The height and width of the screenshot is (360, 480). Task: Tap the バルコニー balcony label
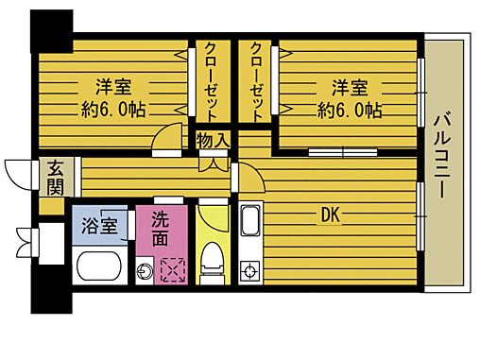pyautogui.click(x=440, y=157)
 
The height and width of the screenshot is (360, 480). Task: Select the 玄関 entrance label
pyautogui.click(x=55, y=176)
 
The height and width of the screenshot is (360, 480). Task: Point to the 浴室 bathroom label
pyautogui.click(x=98, y=226)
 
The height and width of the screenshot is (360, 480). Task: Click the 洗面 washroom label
pyautogui.click(x=162, y=227)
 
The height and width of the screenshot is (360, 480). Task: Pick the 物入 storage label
pyautogui.click(x=212, y=141)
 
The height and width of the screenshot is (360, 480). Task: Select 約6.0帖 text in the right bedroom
pyautogui.click(x=350, y=111)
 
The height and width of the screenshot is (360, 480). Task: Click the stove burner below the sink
pyautogui.click(x=250, y=274)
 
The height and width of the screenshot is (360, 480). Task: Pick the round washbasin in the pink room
pyautogui.click(x=144, y=272)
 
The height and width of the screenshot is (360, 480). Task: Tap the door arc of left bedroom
pyautogui.click(x=168, y=137)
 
